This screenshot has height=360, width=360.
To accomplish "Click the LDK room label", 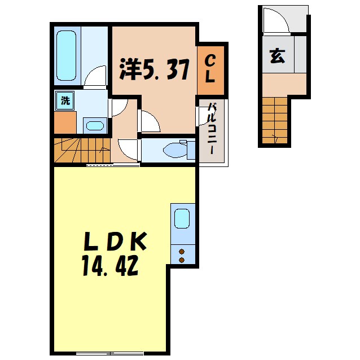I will (x=115, y=242).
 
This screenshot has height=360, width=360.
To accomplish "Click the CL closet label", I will (x=209, y=69).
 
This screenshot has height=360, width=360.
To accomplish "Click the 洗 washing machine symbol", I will (x=65, y=102).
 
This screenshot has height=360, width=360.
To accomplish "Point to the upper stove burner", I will (x=182, y=251).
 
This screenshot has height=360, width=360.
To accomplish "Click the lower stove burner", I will (x=182, y=260).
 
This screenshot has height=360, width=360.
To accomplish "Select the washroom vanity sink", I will (x=92, y=125).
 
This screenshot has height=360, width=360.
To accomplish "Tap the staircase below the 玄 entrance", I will (x=275, y=120).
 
